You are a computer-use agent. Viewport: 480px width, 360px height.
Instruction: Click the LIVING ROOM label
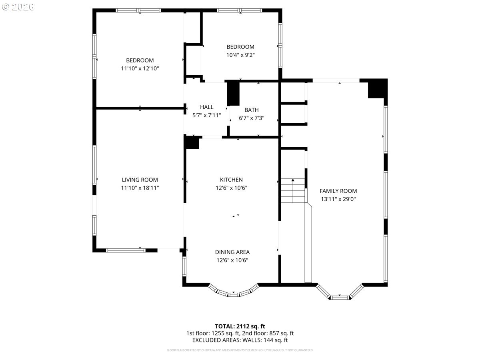(x=140, y=180)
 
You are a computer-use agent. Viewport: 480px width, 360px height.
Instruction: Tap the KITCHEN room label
(x=231, y=180)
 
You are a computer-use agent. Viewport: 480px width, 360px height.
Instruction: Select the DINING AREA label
(x=232, y=252)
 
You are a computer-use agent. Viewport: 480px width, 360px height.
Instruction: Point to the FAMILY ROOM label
(x=338, y=191)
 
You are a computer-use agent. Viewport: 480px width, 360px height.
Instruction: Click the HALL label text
(x=206, y=107)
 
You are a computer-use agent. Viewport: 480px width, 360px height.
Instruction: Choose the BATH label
(x=252, y=110)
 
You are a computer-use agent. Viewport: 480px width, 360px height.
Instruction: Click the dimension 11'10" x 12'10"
(x=140, y=68)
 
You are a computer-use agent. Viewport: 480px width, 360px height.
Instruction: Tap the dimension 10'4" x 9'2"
(x=240, y=55)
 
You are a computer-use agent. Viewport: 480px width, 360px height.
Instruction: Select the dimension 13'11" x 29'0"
(x=338, y=199)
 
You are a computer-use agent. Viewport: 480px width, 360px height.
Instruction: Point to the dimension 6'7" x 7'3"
(x=252, y=118)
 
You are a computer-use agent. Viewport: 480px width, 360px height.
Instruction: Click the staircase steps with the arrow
(x=293, y=191)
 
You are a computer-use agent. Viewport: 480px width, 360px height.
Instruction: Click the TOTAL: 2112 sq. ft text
(x=240, y=326)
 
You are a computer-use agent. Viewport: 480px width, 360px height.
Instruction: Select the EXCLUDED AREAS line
(x=240, y=340)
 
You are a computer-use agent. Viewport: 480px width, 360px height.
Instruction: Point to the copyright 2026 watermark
(x=18, y=7)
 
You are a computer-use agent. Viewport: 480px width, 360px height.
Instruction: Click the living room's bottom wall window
(x=126, y=250)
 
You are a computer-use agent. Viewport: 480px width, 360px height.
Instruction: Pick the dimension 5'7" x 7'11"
(x=207, y=115)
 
